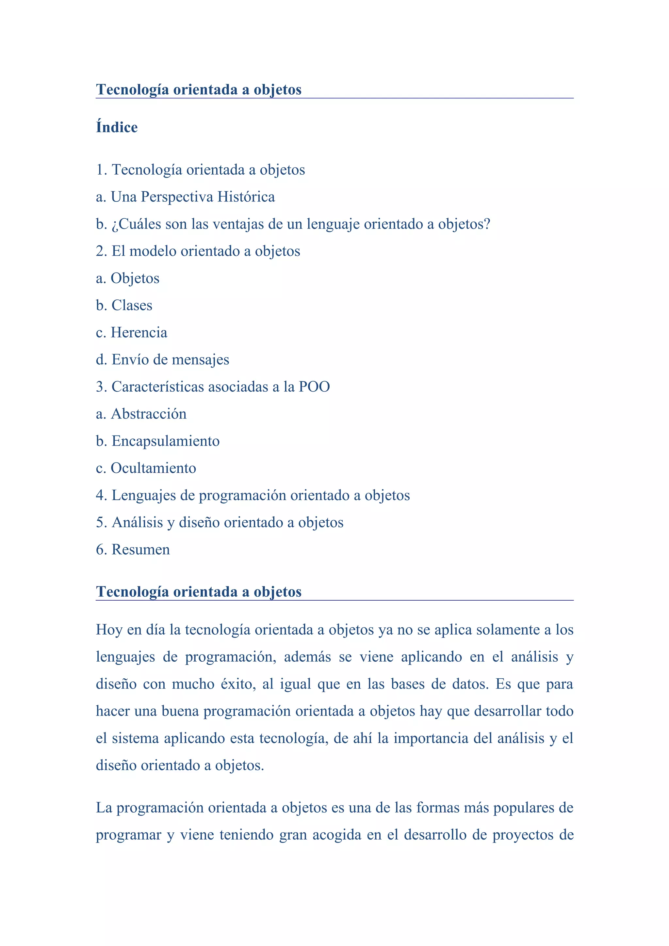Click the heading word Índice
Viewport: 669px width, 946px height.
pos(117,127)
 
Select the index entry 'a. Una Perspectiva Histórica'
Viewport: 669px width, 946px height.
pos(185,197)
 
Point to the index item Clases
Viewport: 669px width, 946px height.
pos(132,305)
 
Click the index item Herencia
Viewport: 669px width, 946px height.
pos(139,333)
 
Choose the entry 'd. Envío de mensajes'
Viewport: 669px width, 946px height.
pos(162,360)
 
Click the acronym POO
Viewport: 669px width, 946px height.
pos(314,387)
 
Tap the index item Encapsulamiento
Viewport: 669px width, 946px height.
pos(165,441)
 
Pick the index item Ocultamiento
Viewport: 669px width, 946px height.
pos(153,468)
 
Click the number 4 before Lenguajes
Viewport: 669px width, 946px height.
pos(99,495)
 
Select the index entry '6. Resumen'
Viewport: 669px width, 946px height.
pos(133,550)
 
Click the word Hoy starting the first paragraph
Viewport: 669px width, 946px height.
pos(109,630)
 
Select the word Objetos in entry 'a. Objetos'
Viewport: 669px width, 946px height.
pos(135,278)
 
